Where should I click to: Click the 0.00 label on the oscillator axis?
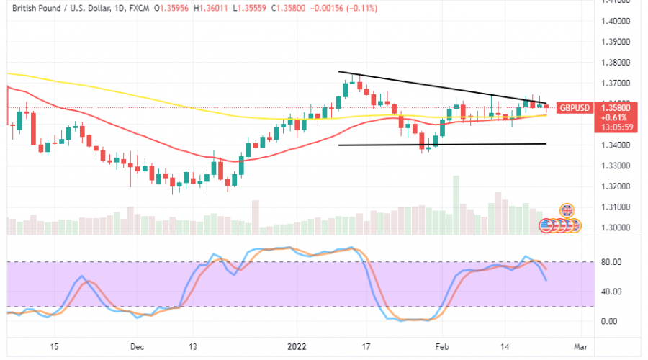click(x=611, y=321)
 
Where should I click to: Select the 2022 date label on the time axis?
click(x=297, y=346)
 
